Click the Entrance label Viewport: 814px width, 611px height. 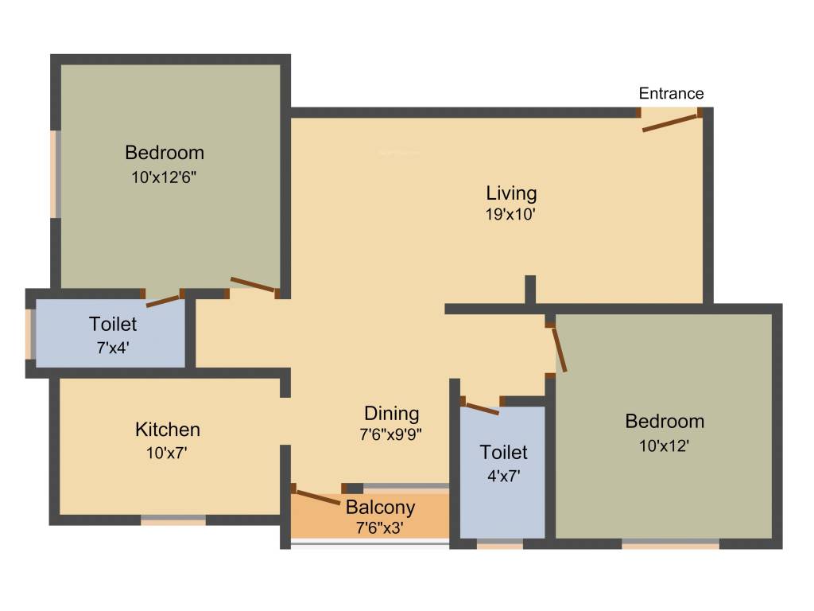click(671, 93)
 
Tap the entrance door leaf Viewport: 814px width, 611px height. click(669, 123)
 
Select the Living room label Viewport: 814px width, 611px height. click(511, 193)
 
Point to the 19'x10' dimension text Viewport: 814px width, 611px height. click(511, 214)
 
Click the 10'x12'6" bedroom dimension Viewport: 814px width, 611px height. click(164, 177)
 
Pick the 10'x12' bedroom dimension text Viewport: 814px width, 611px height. click(663, 446)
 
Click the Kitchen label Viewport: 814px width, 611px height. click(168, 430)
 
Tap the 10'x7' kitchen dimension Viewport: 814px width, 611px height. click(167, 453)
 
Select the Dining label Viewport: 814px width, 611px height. click(391, 413)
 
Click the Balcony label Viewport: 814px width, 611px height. click(380, 507)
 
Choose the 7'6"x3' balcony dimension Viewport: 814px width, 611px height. click(381, 526)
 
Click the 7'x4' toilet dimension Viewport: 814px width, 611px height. click(113, 348)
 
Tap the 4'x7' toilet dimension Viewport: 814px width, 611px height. click(503, 477)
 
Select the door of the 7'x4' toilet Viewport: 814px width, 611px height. click(163, 300)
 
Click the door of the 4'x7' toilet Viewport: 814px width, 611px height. click(481, 408)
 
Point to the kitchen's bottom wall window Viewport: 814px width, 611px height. click(173, 521)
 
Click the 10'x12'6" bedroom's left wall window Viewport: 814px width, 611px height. click(56, 173)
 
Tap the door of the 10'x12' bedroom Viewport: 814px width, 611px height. click(560, 348)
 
